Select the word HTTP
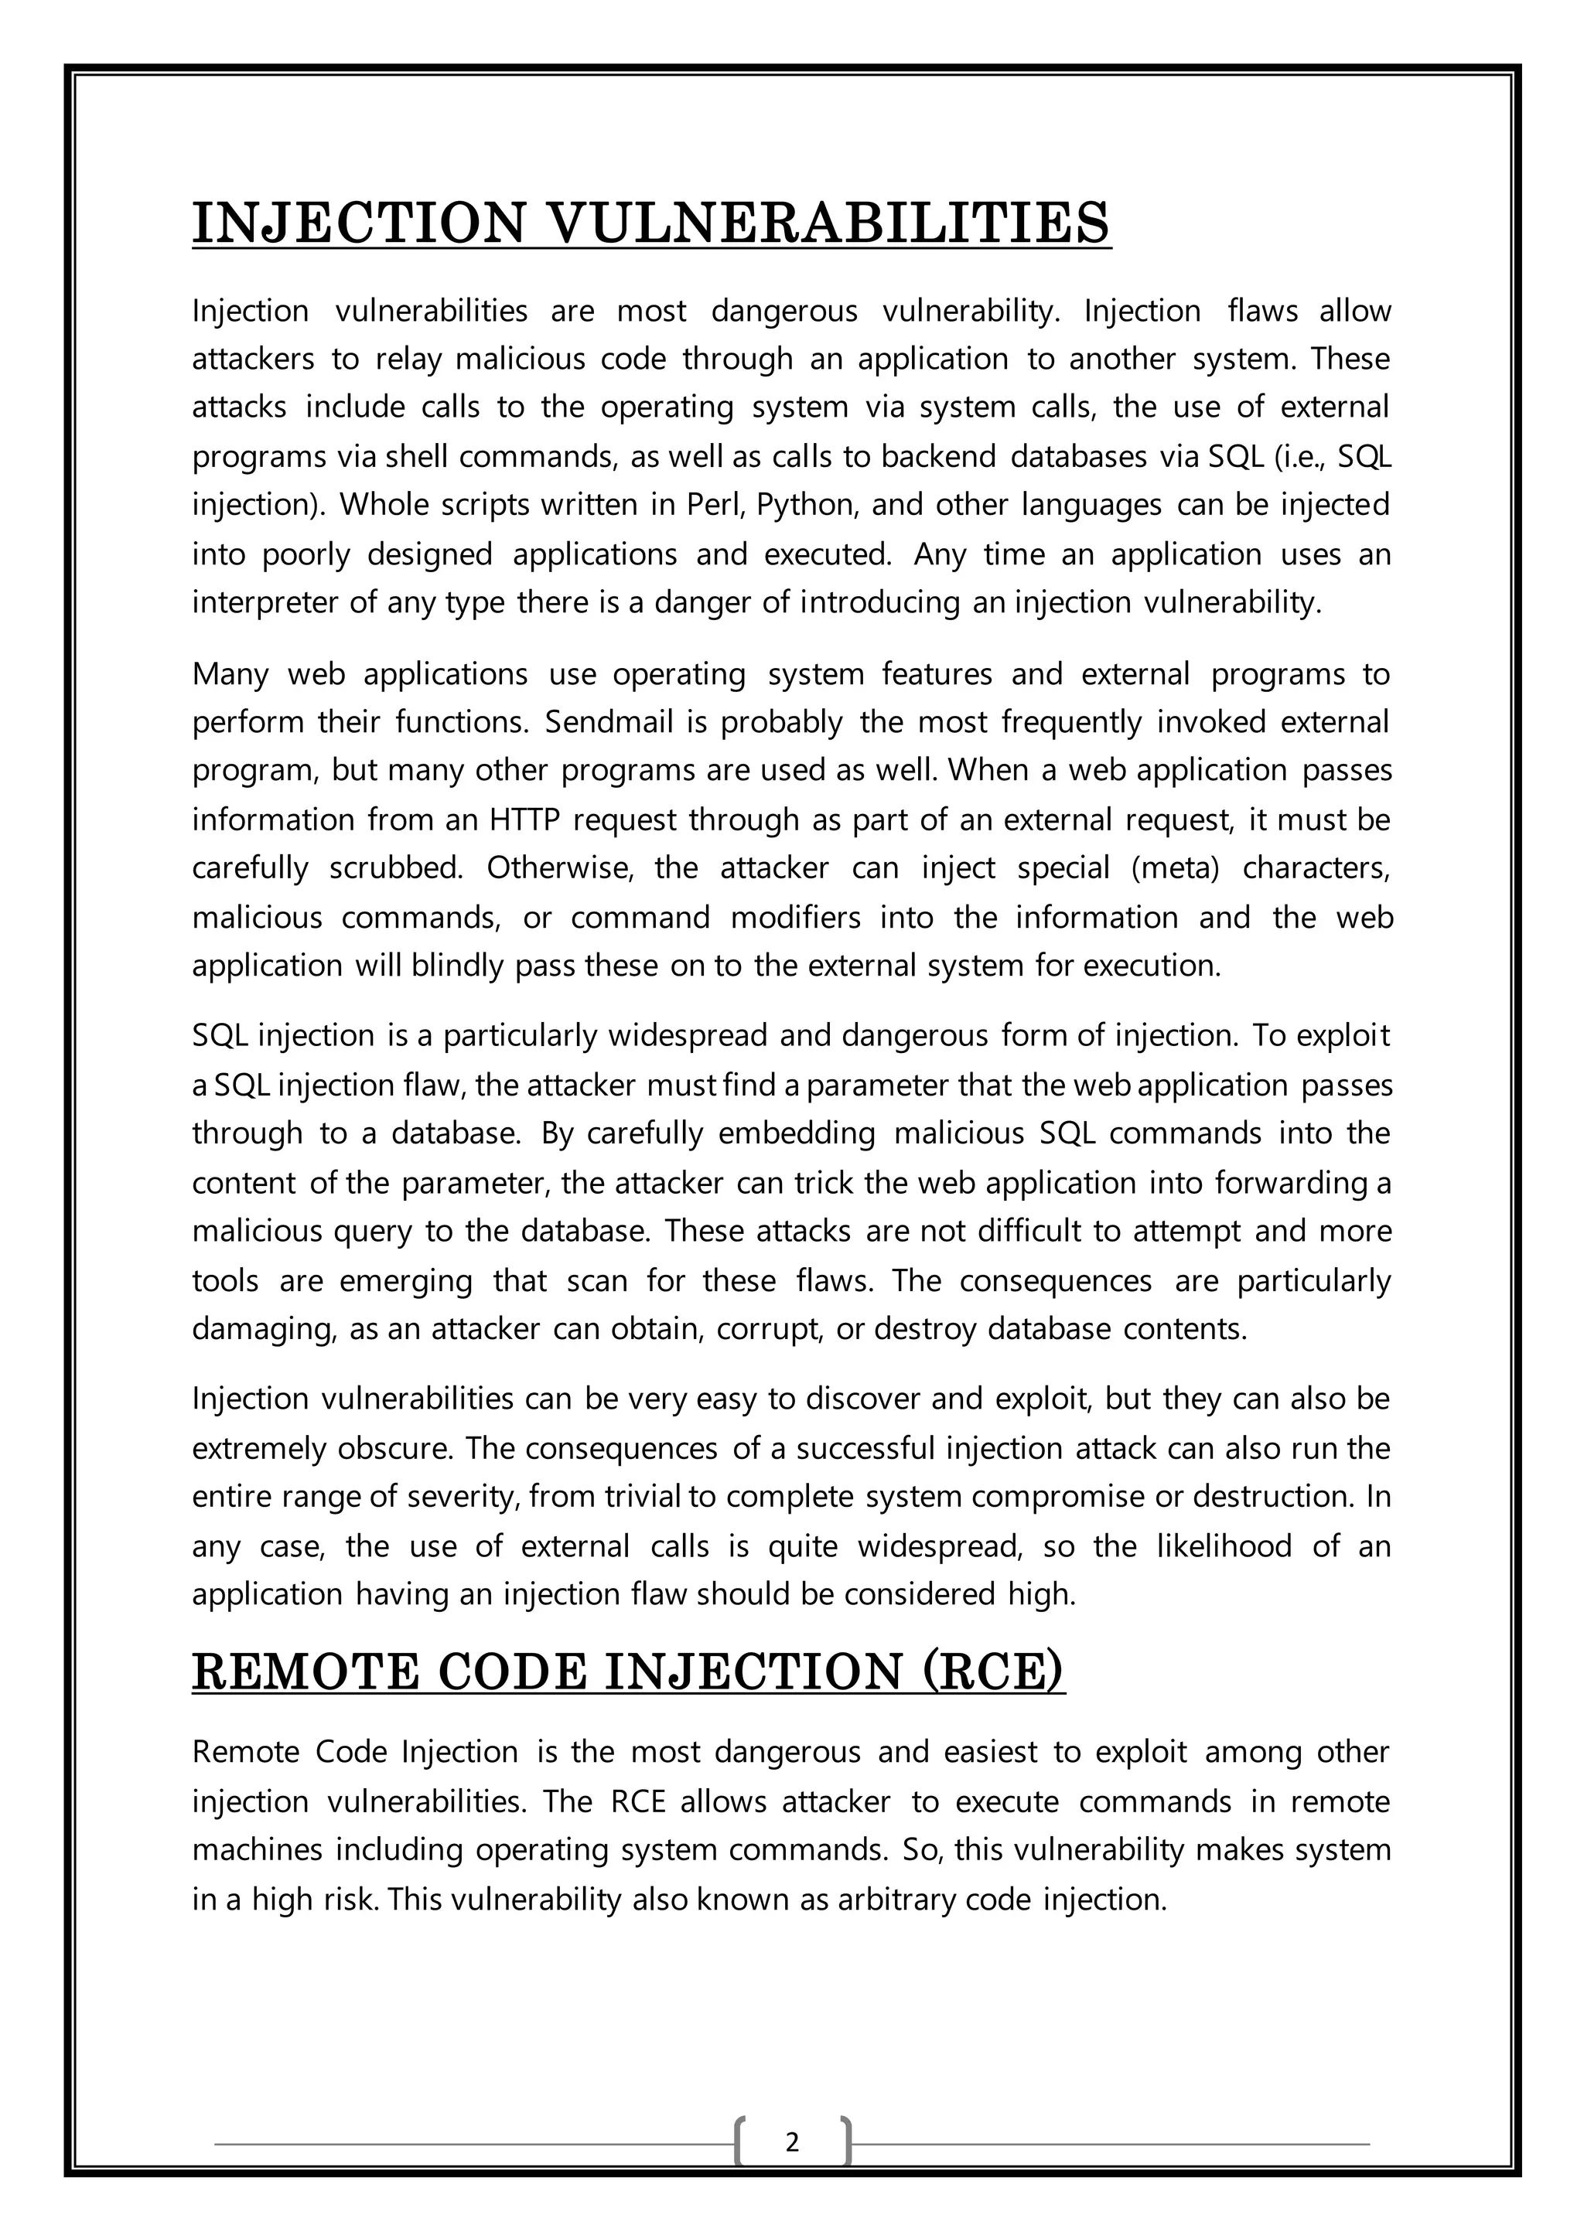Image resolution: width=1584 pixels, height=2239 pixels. pos(524,820)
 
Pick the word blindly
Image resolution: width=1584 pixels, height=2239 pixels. pos(459,966)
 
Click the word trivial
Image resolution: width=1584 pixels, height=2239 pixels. pos(645,1497)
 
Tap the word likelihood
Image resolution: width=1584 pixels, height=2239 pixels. pos(1224,1545)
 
